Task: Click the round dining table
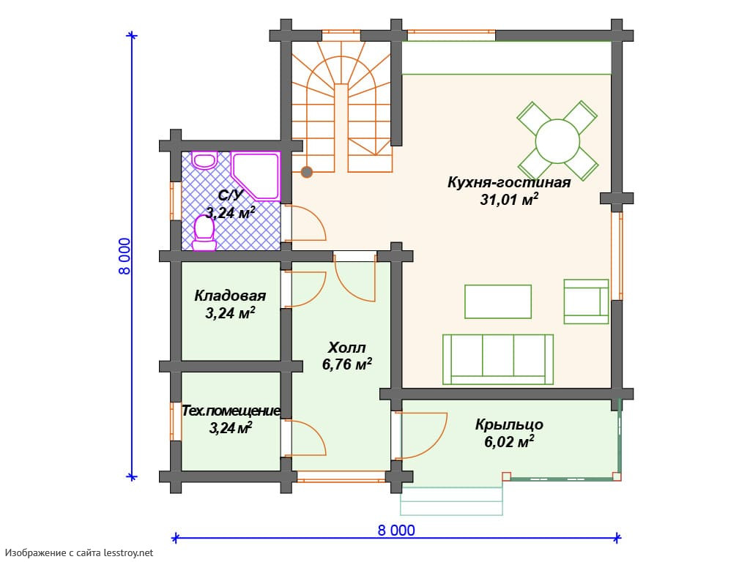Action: (x=557, y=141)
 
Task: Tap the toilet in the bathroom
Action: (x=204, y=233)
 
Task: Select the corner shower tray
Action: (x=256, y=175)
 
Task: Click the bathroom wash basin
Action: (x=205, y=160)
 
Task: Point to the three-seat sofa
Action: (x=498, y=359)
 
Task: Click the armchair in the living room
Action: (x=587, y=301)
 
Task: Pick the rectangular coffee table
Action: (x=498, y=301)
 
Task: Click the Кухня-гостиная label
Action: (x=509, y=182)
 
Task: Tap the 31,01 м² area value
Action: (x=509, y=199)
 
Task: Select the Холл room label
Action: (x=346, y=348)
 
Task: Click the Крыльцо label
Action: (x=509, y=424)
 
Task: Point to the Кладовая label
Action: (x=230, y=296)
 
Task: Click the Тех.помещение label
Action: (x=231, y=411)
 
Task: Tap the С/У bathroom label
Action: (x=231, y=195)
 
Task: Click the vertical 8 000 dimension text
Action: (x=125, y=256)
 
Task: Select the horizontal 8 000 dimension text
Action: (x=396, y=531)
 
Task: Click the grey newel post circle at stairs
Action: (x=307, y=172)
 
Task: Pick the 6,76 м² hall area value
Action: (x=346, y=364)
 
